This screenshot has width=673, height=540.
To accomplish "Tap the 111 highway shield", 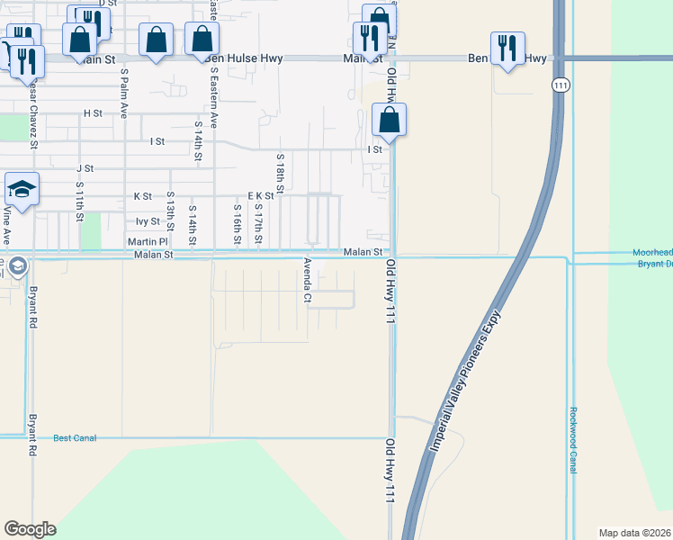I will (561, 84).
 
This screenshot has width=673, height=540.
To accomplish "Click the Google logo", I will (30, 529).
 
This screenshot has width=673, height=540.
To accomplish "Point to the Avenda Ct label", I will (307, 280).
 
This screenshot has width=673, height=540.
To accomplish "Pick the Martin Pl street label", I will (148, 241).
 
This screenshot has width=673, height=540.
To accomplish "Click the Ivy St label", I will (148, 220).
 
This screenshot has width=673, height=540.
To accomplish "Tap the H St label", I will (93, 113).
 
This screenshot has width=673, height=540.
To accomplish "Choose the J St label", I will (85, 168).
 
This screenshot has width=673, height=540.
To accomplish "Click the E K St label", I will (260, 195).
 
